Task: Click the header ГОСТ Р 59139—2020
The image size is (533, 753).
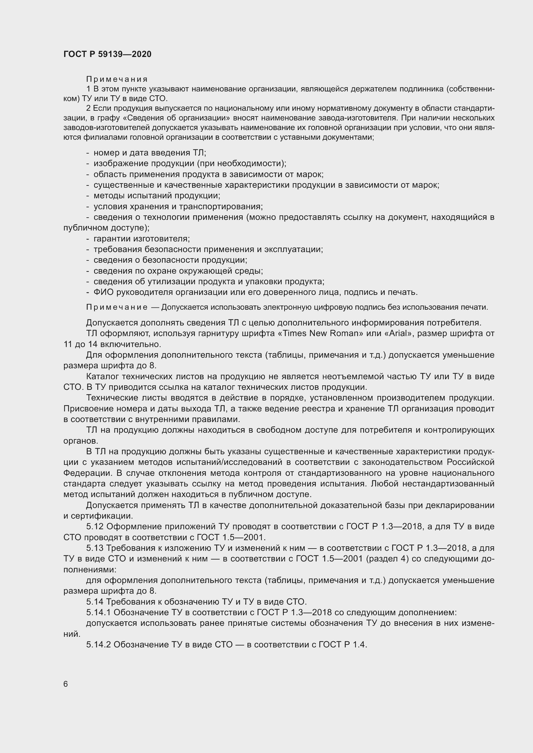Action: pyautogui.click(x=107, y=54)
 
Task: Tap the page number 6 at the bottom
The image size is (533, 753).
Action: pyautogui.click(x=66, y=684)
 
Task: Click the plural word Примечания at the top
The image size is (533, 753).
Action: pyautogui.click(x=117, y=79)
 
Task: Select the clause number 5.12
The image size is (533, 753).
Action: pyautogui.click(x=95, y=526)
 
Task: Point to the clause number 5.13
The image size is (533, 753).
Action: pyautogui.click(x=95, y=548)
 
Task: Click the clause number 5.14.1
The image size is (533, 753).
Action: pyautogui.click(x=99, y=612)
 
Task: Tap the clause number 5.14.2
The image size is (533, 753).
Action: pyautogui.click(x=99, y=645)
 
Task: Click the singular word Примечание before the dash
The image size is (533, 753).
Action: pyautogui.click(x=117, y=307)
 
